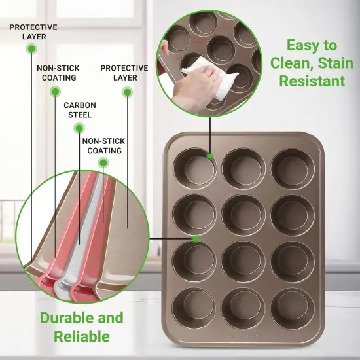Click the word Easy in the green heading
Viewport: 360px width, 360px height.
(x=301, y=45)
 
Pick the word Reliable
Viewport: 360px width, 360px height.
(x=82, y=336)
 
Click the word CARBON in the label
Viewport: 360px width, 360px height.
(x=79, y=105)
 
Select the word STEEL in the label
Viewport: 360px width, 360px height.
(x=79, y=115)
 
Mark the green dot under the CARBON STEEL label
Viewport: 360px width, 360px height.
(x=79, y=128)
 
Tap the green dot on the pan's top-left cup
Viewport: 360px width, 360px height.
(x=210, y=156)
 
